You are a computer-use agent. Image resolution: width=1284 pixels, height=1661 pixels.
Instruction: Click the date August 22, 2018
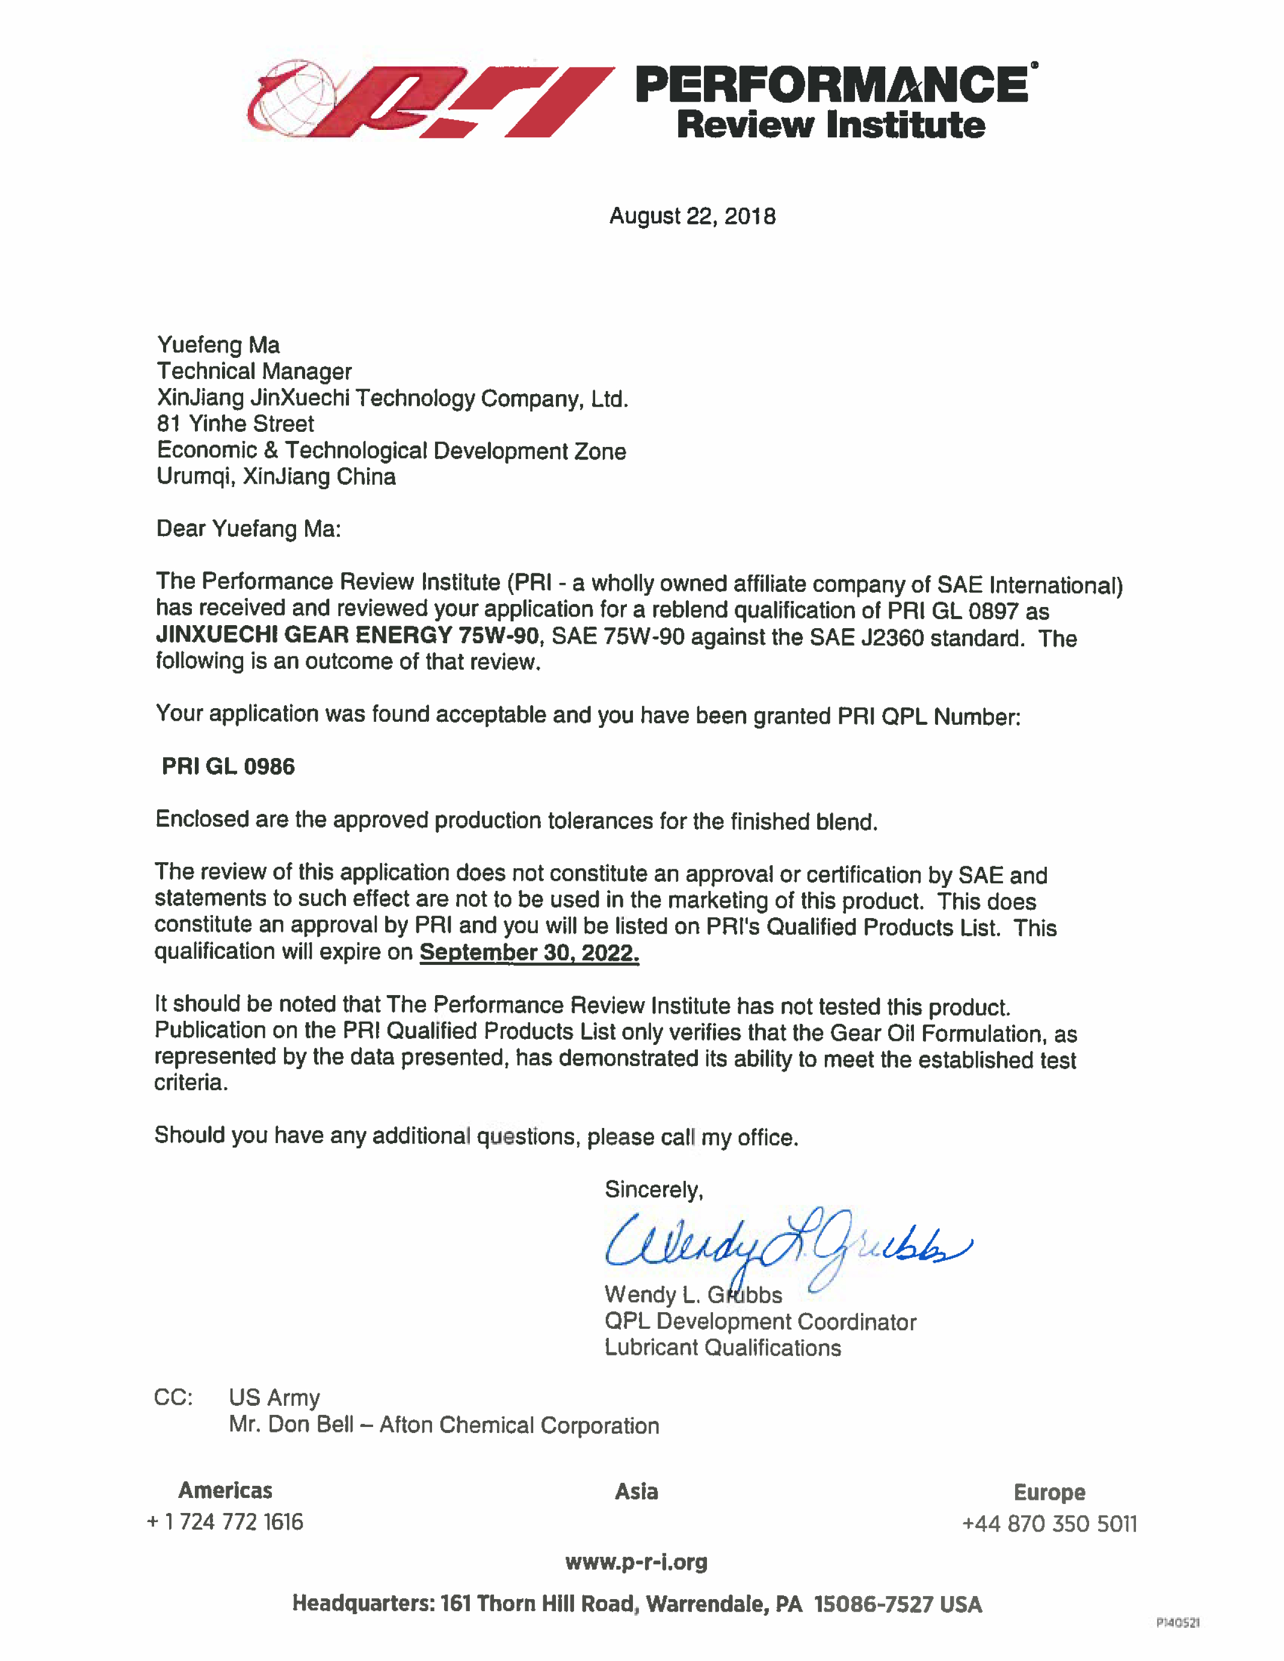pyautogui.click(x=692, y=217)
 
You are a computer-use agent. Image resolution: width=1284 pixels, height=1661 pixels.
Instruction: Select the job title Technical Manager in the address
pyautogui.click(x=254, y=372)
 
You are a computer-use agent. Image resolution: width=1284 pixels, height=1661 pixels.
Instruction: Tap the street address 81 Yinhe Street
pyautogui.click(x=235, y=424)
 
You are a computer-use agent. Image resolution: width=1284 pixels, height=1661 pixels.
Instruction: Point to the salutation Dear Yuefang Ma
pyautogui.click(x=248, y=528)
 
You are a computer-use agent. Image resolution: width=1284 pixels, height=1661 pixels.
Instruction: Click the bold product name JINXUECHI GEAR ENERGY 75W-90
pyautogui.click(x=347, y=635)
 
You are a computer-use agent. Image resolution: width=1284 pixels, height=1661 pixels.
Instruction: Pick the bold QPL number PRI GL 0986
pyautogui.click(x=228, y=767)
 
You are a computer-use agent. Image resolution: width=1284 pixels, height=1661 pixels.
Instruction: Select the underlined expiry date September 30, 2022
pyautogui.click(x=529, y=952)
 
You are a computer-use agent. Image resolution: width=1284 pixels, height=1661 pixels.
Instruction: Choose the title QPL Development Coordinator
pyautogui.click(x=760, y=1322)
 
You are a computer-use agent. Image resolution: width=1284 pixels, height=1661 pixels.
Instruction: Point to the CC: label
pyautogui.click(x=173, y=1398)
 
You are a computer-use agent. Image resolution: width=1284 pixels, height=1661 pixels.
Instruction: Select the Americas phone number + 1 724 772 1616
pyautogui.click(x=225, y=1522)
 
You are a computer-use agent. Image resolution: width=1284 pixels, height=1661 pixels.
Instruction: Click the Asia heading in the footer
pyautogui.click(x=636, y=1492)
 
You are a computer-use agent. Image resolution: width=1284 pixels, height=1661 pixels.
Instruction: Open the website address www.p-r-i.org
pyautogui.click(x=636, y=1562)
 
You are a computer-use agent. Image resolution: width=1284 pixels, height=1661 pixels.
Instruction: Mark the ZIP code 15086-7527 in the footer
pyautogui.click(x=873, y=1605)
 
